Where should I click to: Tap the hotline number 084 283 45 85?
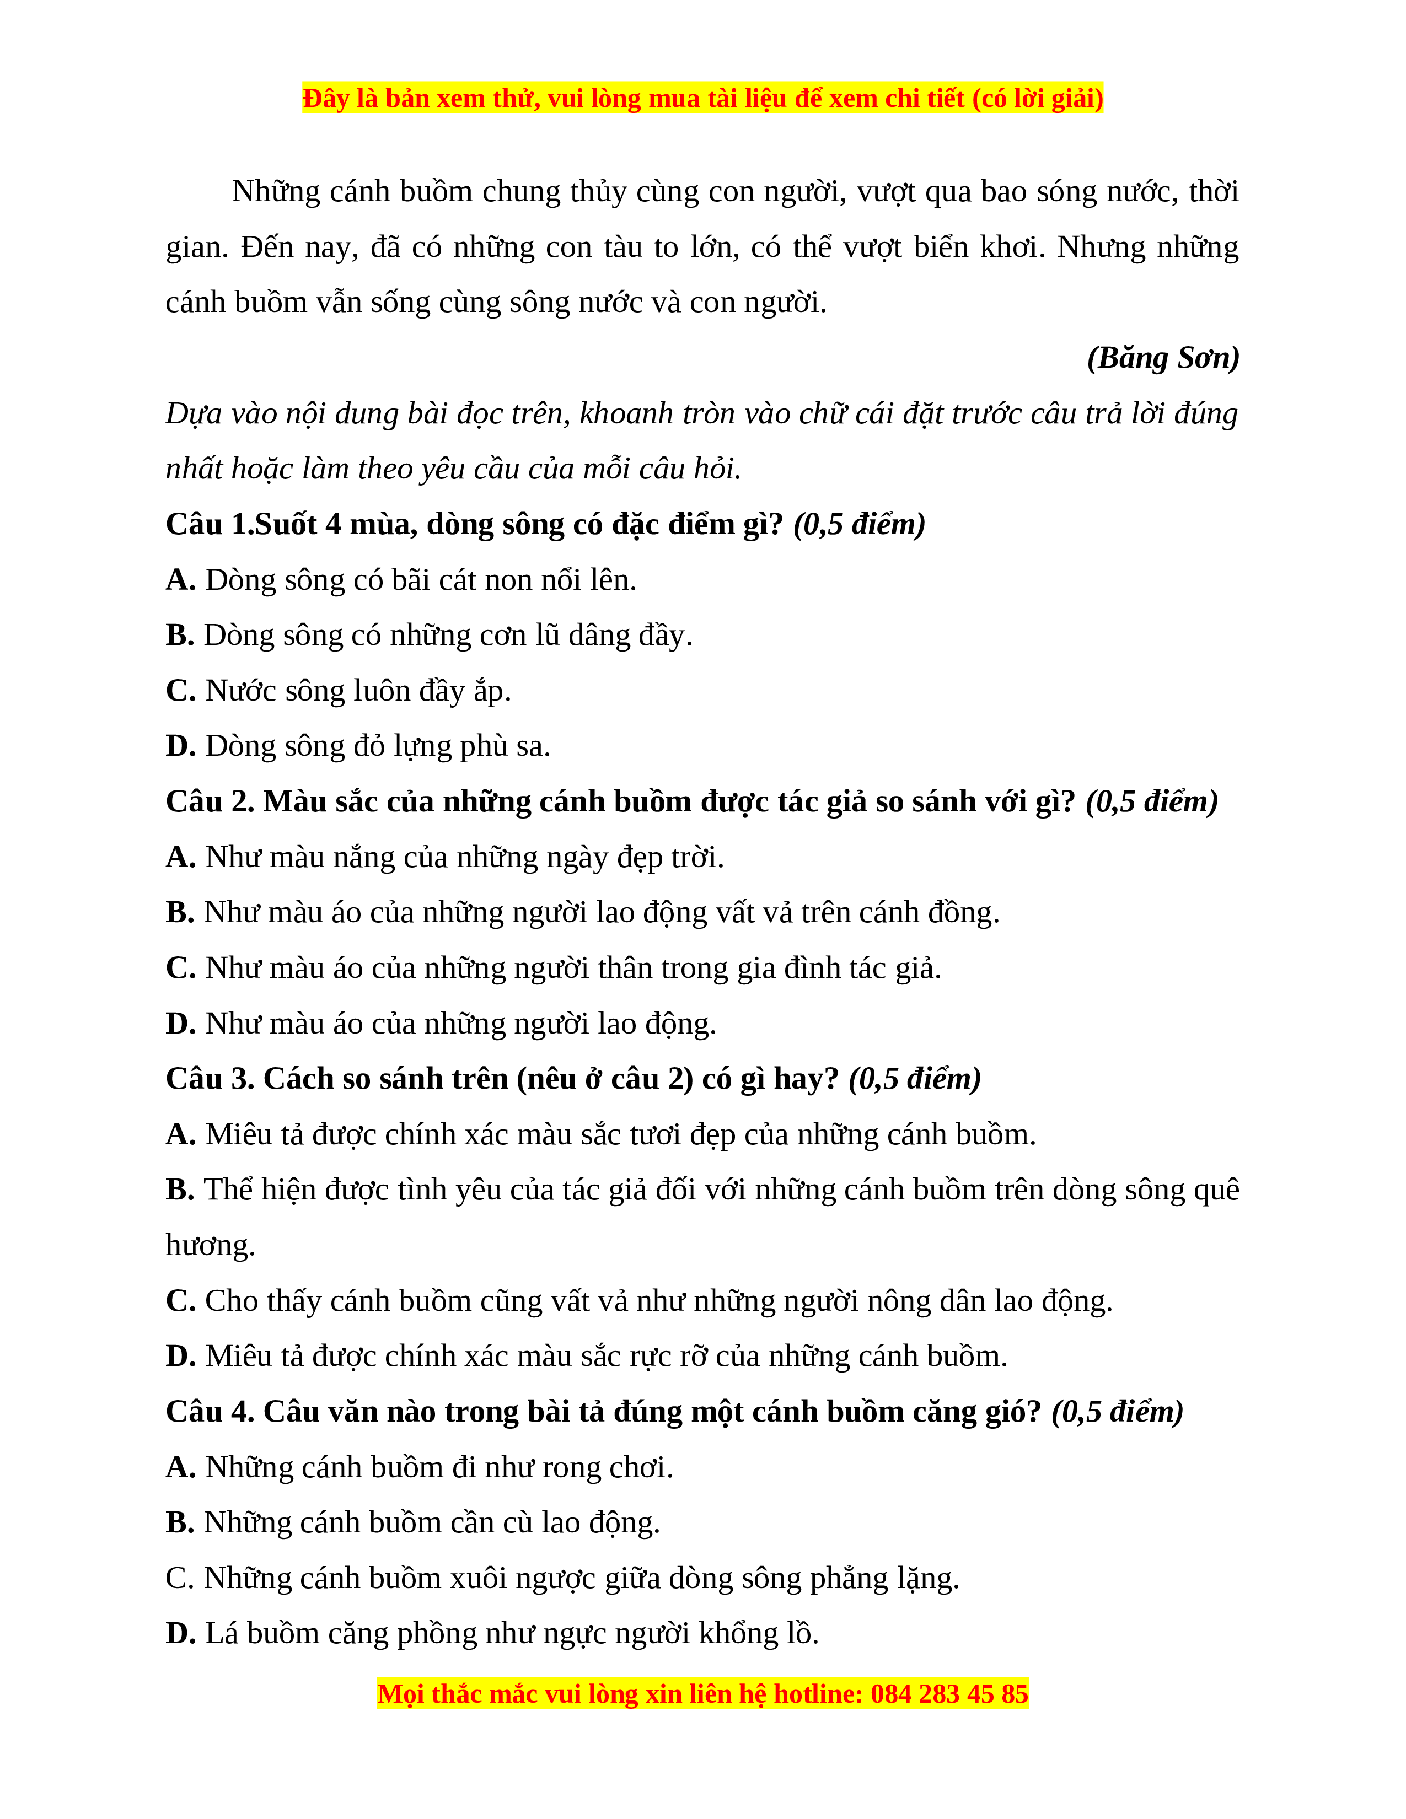click(949, 1694)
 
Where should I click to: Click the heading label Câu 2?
click(209, 802)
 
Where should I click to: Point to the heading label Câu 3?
click(209, 1079)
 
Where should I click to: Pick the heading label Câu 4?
click(209, 1412)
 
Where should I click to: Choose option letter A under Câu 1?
click(180, 580)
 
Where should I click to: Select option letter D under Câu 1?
click(180, 746)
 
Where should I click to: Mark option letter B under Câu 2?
click(179, 913)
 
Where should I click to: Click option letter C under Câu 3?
click(180, 1301)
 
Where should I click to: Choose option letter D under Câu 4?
click(180, 1634)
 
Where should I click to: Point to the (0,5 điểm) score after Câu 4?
click(1117, 1412)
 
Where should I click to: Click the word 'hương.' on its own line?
click(210, 1246)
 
